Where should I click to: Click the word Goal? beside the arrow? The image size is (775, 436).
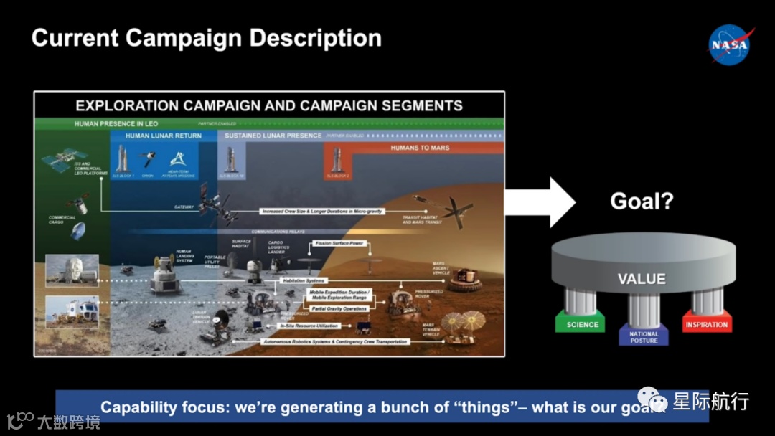click(642, 201)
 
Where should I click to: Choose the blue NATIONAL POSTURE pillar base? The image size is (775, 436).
click(644, 336)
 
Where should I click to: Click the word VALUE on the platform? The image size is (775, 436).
click(642, 278)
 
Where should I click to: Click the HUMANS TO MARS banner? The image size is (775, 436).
click(419, 148)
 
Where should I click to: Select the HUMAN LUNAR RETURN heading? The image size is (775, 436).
click(164, 136)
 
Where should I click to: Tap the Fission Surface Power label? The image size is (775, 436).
click(339, 244)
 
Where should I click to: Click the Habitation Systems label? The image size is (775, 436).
click(304, 280)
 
